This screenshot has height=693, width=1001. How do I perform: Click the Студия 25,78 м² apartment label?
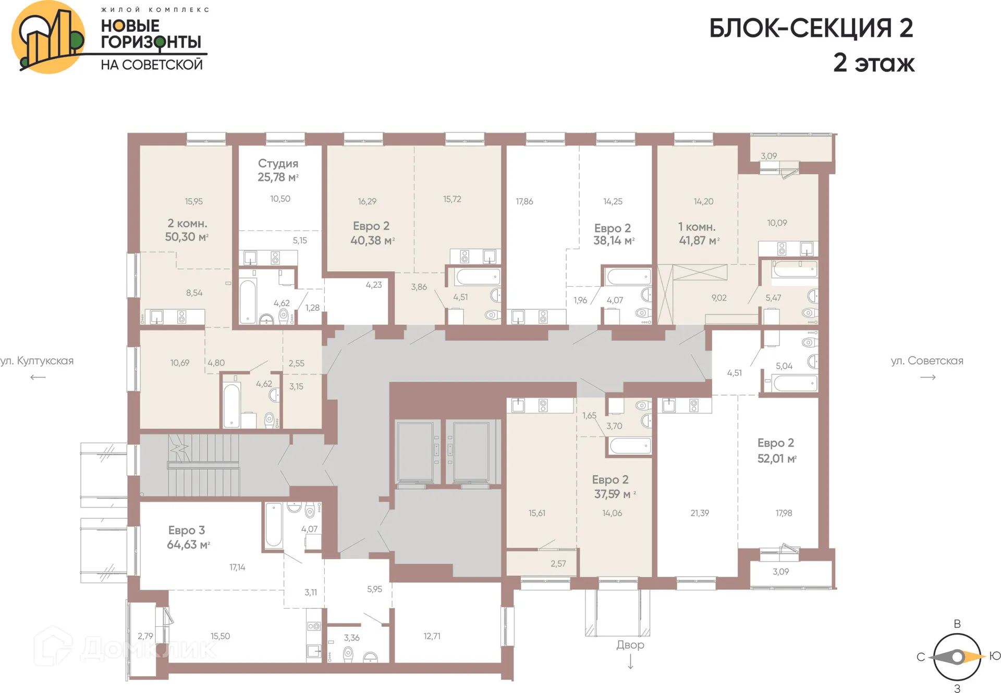pyautogui.click(x=278, y=171)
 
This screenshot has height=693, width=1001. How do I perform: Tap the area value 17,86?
pyautogui.click(x=524, y=202)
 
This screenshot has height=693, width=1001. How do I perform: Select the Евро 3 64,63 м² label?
pyautogui.click(x=187, y=538)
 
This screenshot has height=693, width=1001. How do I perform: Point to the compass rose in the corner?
pyautogui.click(x=957, y=657)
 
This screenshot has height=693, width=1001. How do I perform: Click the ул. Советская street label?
pyautogui.click(x=926, y=361)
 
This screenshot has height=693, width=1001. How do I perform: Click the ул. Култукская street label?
pyautogui.click(x=36, y=361)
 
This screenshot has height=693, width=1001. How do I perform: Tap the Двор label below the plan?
pyautogui.click(x=630, y=645)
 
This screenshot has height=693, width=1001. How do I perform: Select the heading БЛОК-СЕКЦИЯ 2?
pyautogui.click(x=811, y=29)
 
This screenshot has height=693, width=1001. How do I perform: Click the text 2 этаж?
pyautogui.click(x=873, y=63)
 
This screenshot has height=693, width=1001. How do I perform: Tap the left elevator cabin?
pyautogui.click(x=415, y=452)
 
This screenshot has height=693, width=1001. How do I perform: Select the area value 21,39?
pyautogui.click(x=699, y=513)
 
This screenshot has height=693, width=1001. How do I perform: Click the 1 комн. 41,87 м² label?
pyautogui.click(x=699, y=234)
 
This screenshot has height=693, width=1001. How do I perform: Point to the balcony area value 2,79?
pyautogui.click(x=145, y=636)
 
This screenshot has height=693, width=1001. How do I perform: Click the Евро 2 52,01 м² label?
pyautogui.click(x=776, y=451)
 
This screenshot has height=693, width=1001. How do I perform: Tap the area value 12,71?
pyautogui.click(x=432, y=636)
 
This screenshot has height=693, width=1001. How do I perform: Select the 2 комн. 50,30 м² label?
pyautogui.click(x=187, y=230)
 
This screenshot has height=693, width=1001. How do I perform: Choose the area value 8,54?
pyautogui.click(x=194, y=293)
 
